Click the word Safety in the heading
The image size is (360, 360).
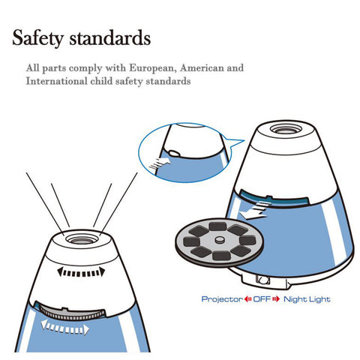click(37, 38)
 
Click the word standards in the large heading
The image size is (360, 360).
click(110, 37)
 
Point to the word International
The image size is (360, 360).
click(57, 81)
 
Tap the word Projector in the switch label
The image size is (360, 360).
click(222, 299)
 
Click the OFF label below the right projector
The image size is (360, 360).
click(262, 298)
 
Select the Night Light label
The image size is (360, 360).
click(307, 299)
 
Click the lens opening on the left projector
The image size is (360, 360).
click(82, 239)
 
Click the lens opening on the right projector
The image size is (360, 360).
click(286, 130)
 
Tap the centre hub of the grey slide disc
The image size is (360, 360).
click(220, 240)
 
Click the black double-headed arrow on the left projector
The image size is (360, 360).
click(81, 272)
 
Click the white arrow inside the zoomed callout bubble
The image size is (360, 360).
click(160, 163)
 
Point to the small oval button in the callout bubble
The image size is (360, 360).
click(173, 152)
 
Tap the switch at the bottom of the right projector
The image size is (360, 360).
click(262, 280)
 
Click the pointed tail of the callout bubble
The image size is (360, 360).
click(244, 141)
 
